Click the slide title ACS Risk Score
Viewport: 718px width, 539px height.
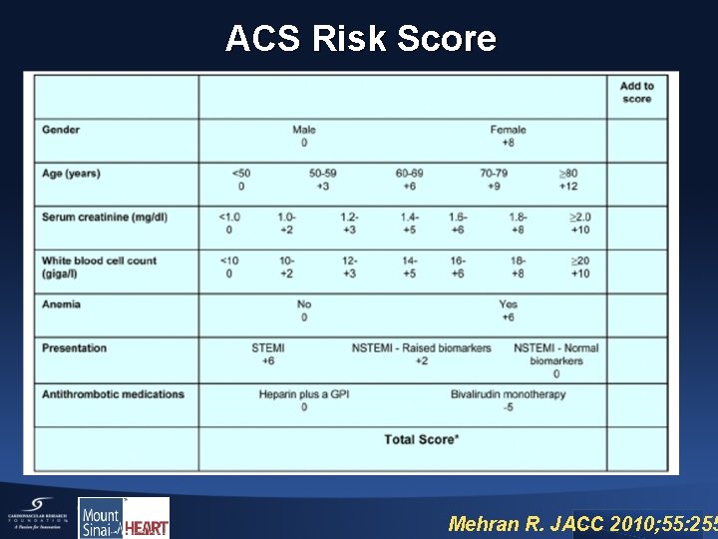point(360,39)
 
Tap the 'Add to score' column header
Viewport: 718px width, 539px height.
point(636,93)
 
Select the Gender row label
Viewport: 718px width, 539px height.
point(61,130)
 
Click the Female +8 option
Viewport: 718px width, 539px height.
point(508,136)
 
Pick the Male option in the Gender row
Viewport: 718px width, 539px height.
point(304,136)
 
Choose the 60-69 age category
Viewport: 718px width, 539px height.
point(409,180)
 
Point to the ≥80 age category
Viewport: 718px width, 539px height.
point(568,180)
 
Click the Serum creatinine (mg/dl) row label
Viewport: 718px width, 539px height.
point(104,217)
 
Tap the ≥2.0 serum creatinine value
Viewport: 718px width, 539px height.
point(579,223)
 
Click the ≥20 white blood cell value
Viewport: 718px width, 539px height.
point(579,267)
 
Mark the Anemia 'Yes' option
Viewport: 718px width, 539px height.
point(508,310)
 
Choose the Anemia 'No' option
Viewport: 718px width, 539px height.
point(304,310)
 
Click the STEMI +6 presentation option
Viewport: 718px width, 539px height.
point(268,354)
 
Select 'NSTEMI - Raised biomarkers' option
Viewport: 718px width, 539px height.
point(422,354)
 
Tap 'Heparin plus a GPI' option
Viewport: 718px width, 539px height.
point(304,399)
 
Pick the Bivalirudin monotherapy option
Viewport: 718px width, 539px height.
point(508,399)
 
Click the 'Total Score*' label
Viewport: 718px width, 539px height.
point(422,439)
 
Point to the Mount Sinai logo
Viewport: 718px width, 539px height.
point(101,518)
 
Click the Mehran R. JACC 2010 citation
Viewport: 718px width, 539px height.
point(582,523)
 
